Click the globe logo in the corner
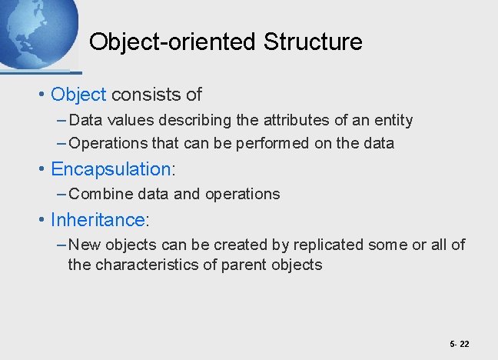click(x=35, y=31)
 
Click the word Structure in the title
click(x=313, y=42)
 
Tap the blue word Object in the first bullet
click(x=78, y=95)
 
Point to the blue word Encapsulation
click(x=110, y=168)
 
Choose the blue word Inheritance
click(x=97, y=219)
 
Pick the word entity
click(x=393, y=120)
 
